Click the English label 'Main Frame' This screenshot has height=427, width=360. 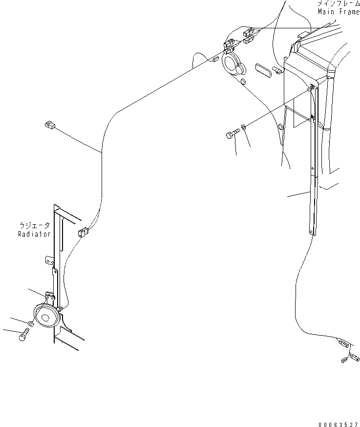pyautogui.click(x=338, y=12)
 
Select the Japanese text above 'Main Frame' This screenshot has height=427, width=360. pyautogui.click(x=338, y=3)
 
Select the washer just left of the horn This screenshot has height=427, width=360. pyautogui.click(x=31, y=323)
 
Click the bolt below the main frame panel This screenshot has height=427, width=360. pyautogui.click(x=232, y=133)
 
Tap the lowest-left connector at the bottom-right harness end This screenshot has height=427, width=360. pyautogui.click(x=344, y=361)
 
